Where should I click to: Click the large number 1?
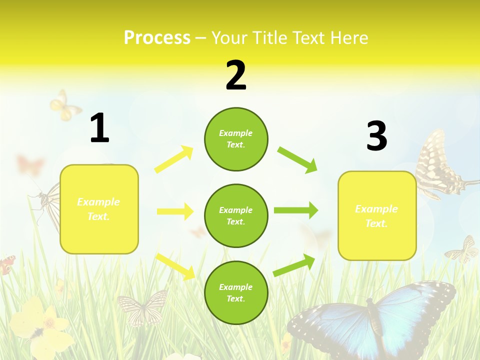(99, 128)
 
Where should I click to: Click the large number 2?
(236, 75)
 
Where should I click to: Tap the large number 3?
(376, 136)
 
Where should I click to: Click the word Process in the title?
(157, 37)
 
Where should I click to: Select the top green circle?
(236, 139)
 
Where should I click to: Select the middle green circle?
(236, 216)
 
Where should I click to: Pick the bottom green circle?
(236, 292)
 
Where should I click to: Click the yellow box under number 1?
(99, 209)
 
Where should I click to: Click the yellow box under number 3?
(377, 216)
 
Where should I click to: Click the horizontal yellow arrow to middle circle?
(175, 211)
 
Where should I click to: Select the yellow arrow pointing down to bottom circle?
(175, 266)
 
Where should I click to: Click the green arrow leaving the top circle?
(297, 159)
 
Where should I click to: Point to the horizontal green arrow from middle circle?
(296, 210)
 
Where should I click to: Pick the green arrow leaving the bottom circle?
(294, 265)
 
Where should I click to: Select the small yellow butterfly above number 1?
(64, 105)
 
